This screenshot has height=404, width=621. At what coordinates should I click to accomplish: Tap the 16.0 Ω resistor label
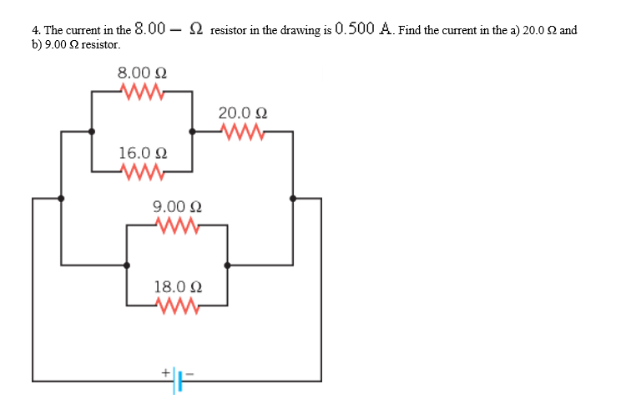pos(143,154)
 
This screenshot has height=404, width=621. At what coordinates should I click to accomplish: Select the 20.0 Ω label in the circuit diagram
pos(243,113)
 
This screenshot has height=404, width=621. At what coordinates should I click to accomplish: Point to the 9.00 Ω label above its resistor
pos(177,207)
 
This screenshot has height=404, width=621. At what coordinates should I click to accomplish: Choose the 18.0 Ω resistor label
pos(177,287)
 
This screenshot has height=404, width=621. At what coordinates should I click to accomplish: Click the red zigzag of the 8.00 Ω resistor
pos(141,90)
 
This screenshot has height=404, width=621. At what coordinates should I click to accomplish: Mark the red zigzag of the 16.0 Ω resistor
pos(143,171)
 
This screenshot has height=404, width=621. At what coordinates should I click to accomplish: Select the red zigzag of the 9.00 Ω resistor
pos(177,225)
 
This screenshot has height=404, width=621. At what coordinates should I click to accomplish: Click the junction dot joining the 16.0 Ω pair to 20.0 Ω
pos(193,131)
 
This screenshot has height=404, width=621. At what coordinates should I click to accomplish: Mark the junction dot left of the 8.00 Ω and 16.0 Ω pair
pos(92,131)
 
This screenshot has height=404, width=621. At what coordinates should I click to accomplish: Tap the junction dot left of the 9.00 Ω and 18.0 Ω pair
pos(126,265)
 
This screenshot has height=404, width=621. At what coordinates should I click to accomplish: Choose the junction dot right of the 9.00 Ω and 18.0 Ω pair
pos(227,265)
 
